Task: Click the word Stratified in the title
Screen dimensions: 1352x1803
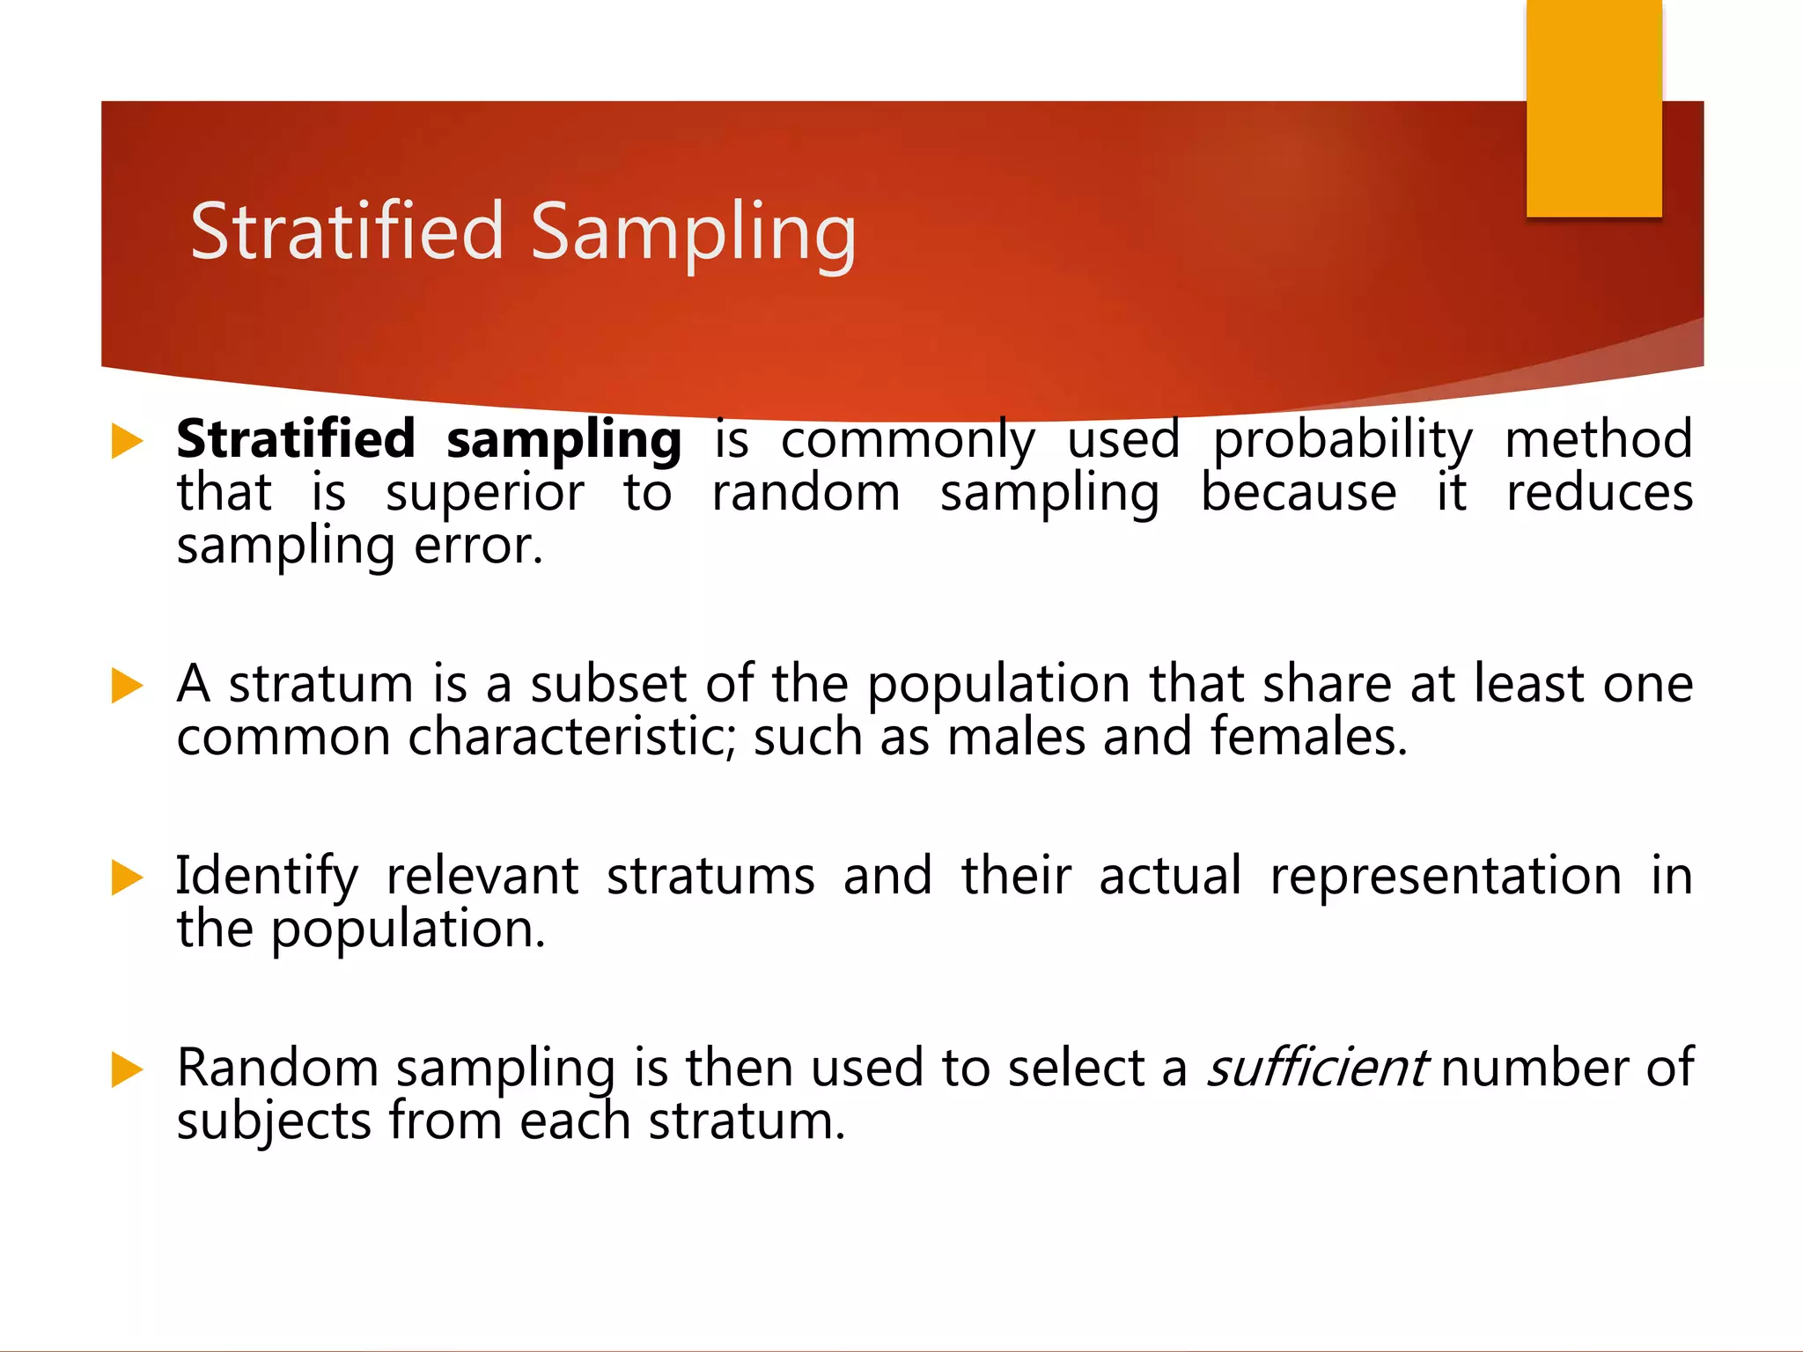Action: [347, 231]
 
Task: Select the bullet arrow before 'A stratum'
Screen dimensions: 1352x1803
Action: [127, 686]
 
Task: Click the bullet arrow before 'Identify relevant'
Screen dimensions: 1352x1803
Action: [127, 878]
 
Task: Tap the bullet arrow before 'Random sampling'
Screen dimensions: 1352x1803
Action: [127, 1069]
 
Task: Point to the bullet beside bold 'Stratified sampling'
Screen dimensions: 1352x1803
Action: [127, 441]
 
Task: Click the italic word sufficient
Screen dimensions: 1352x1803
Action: [1315, 1068]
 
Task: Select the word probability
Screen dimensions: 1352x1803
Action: [1343, 441]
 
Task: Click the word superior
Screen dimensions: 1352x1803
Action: [485, 493]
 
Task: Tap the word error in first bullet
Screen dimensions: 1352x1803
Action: [478, 546]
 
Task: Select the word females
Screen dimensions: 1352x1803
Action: [1308, 737]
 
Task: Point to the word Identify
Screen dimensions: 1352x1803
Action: [267, 878]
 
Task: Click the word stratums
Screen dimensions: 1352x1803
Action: [710, 876]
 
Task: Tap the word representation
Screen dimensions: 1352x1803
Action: [1445, 878]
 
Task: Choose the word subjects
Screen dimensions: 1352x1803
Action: [274, 1122]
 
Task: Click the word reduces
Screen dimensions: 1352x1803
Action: [1599, 493]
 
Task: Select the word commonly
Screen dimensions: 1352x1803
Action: [908, 441]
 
